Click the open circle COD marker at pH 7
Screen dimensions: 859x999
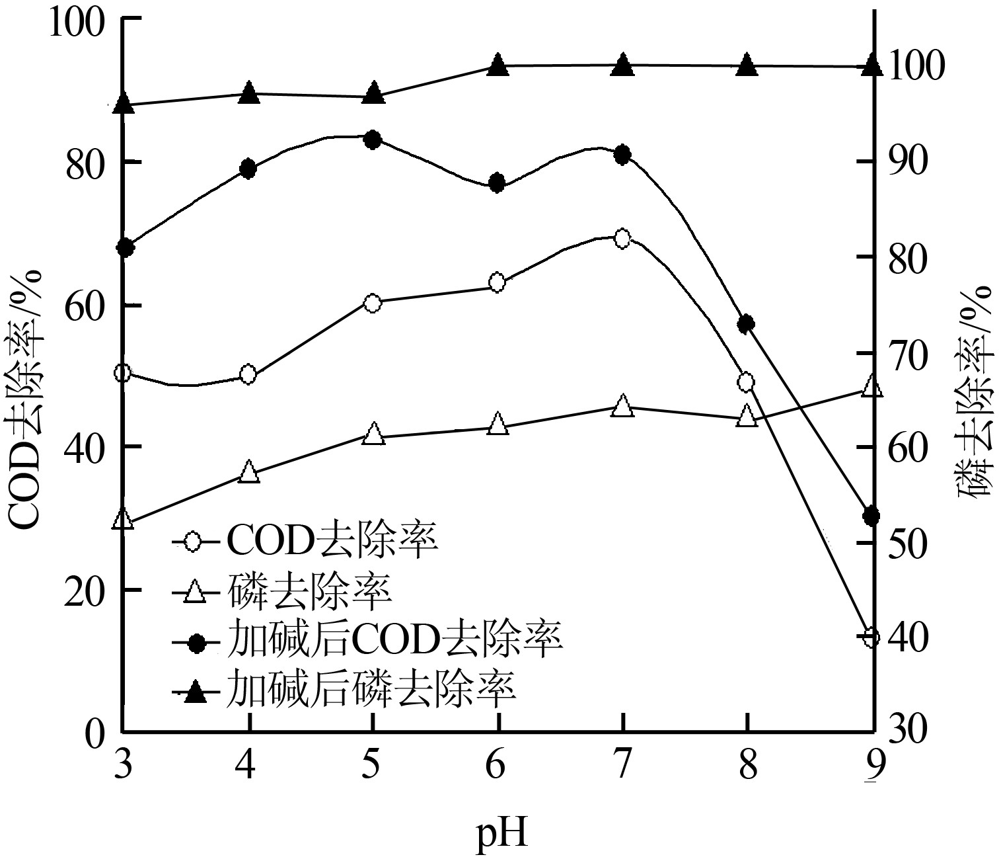click(x=622, y=238)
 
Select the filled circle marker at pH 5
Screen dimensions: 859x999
click(x=373, y=140)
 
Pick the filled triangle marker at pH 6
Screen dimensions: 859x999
click(x=498, y=65)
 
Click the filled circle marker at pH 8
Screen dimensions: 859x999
click(x=747, y=323)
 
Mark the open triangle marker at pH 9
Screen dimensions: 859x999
click(x=871, y=387)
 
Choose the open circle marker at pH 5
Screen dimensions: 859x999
click(x=373, y=304)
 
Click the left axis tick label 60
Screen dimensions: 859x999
click(x=86, y=305)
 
